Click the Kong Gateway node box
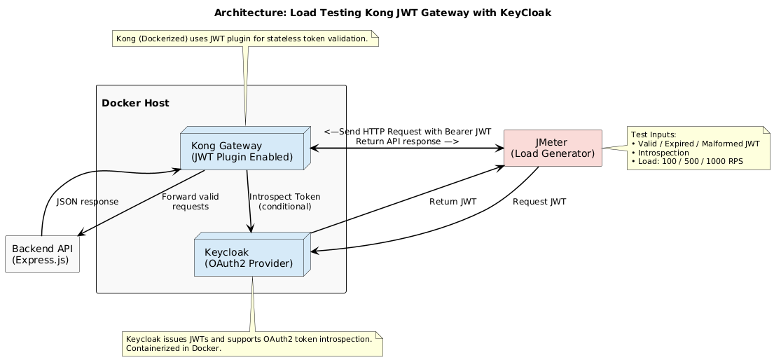[x=242, y=151]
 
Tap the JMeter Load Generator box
[x=553, y=148]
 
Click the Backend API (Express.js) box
[x=42, y=254]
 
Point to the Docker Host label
[x=135, y=104]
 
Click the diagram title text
[x=387, y=13]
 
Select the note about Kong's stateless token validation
[x=245, y=39]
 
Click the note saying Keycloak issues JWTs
[x=252, y=343]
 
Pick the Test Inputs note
[x=698, y=148]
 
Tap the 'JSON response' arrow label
[x=88, y=202]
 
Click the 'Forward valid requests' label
[x=185, y=202]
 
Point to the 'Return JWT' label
[x=452, y=202]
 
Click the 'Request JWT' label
[x=539, y=202]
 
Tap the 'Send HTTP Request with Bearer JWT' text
[x=407, y=132]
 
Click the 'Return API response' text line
[x=407, y=141]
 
